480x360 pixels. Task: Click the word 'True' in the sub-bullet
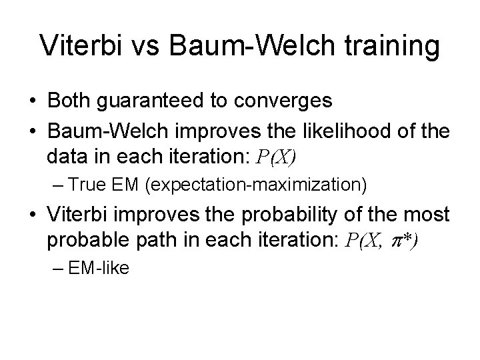92,183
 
